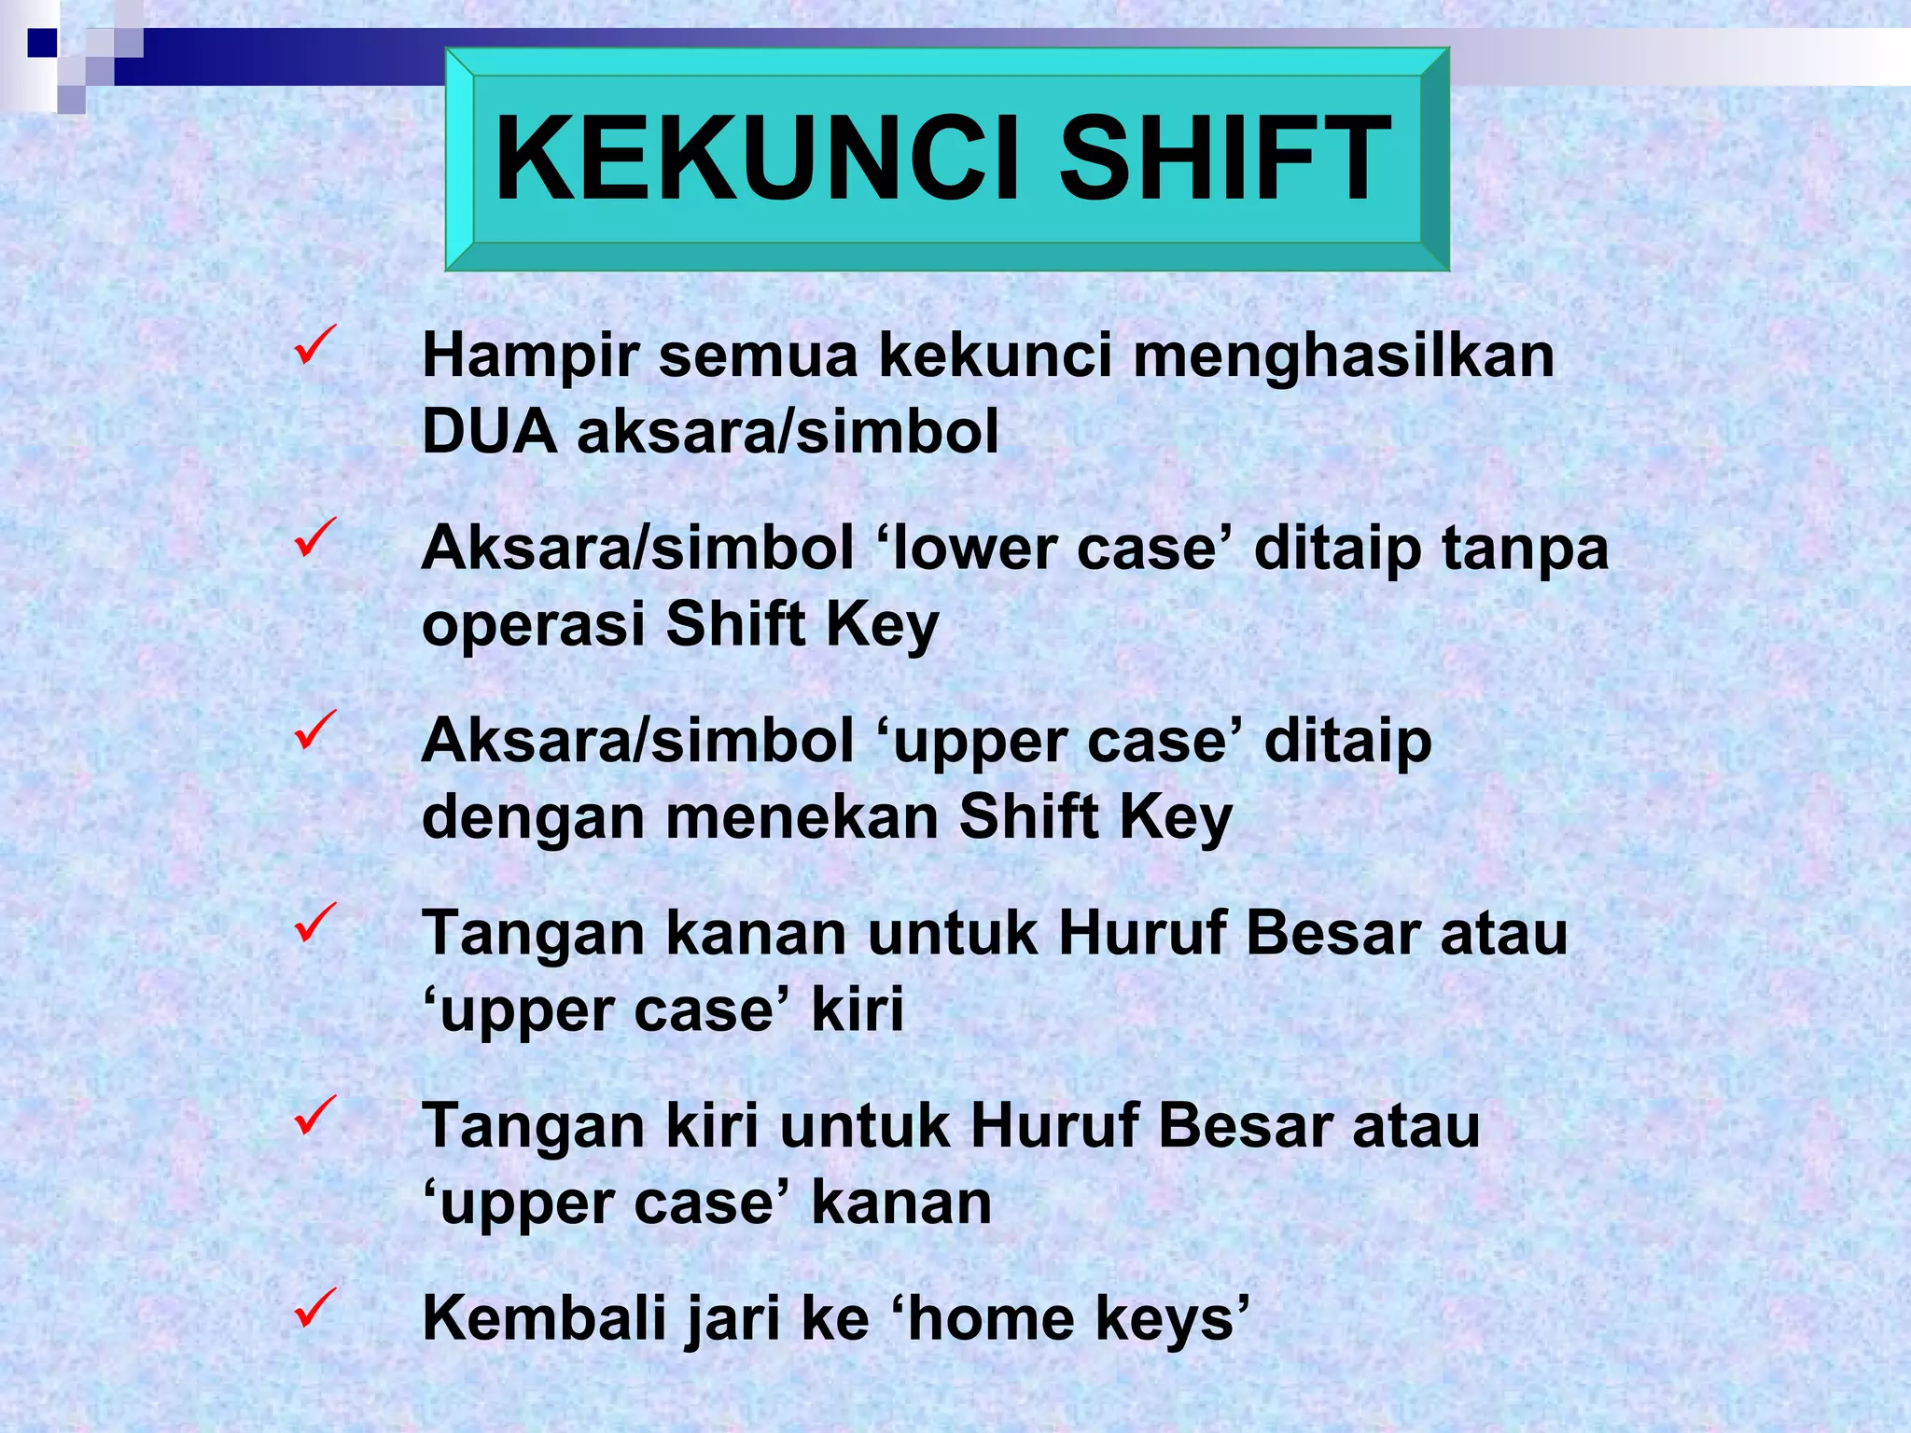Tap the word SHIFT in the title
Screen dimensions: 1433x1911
tap(1224, 159)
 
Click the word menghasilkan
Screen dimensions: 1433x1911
tap(1344, 356)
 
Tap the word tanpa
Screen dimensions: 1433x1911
tap(1525, 550)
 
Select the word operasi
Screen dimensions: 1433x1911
tap(533, 625)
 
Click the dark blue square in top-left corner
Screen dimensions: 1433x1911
tap(42, 43)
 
